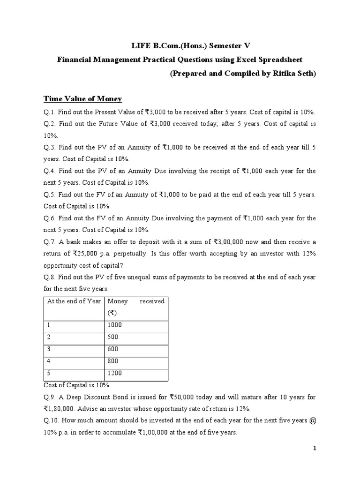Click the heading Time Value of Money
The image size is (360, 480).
coord(82,98)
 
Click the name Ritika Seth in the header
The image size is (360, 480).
coord(295,74)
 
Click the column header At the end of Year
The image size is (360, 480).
coord(73,301)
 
